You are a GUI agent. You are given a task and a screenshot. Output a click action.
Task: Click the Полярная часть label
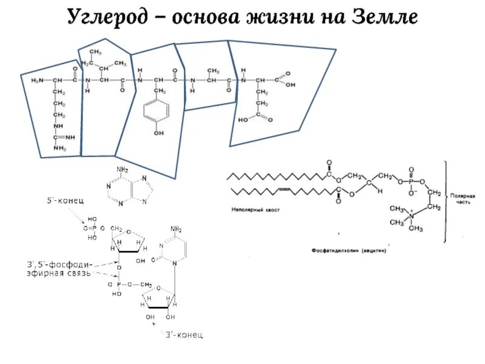(463, 200)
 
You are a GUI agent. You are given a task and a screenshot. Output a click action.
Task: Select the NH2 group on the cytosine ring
(177, 229)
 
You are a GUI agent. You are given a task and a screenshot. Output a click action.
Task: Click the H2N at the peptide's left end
(37, 79)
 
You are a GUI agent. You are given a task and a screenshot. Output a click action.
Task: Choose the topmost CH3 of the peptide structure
(96, 52)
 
